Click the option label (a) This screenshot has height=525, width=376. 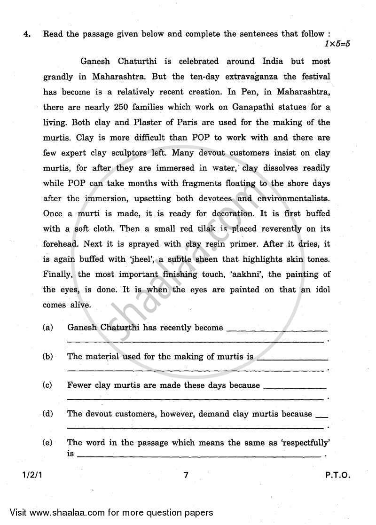47,328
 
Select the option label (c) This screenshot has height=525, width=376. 47,385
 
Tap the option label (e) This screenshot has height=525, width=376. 47,442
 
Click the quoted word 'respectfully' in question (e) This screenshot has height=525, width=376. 305,442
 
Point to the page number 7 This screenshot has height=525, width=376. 186,475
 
